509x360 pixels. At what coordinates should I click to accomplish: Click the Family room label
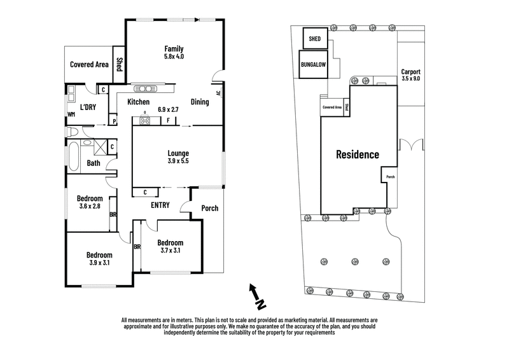174,48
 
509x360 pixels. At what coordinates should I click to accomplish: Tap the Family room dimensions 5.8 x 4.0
174,57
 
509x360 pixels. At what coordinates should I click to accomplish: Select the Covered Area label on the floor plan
89,64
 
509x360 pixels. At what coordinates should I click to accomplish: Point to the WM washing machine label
71,115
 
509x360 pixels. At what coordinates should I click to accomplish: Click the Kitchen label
138,102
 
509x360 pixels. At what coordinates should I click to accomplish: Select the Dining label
200,102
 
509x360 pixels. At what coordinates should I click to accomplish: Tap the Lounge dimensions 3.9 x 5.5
178,161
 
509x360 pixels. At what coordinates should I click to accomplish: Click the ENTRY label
160,205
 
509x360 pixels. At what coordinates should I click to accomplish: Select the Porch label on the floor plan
209,208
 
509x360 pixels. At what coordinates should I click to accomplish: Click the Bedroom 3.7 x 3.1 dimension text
170,251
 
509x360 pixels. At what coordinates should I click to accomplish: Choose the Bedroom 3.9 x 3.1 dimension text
99,263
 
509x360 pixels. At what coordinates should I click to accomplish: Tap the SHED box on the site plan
315,38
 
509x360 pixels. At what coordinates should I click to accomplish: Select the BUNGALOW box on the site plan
312,64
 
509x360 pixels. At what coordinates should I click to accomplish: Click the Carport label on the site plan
411,72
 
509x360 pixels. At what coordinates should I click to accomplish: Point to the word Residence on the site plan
358,154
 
